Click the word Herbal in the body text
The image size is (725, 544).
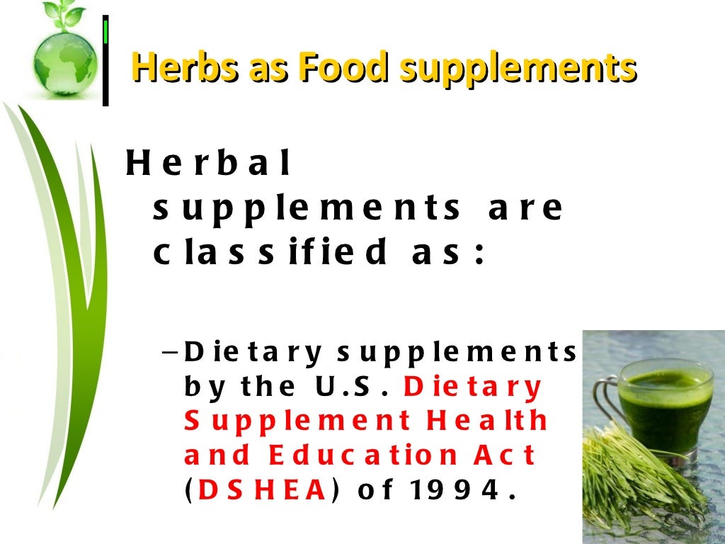coord(208,164)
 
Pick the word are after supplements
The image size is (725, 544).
coord(525,209)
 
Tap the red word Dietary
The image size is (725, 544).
coord(472,387)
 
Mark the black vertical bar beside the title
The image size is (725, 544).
coord(105,60)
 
